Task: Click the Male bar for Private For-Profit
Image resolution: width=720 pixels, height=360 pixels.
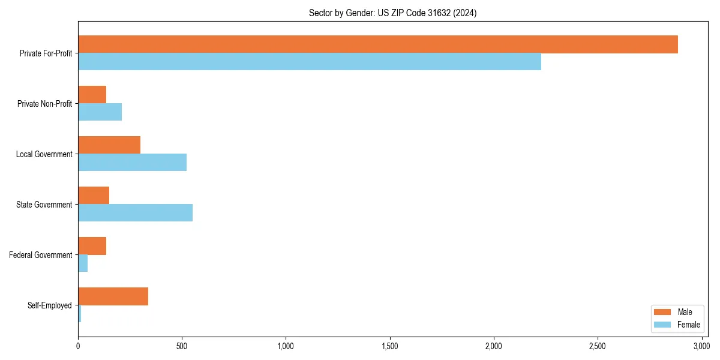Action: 378,44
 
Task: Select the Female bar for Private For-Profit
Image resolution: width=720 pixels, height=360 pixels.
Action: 310,62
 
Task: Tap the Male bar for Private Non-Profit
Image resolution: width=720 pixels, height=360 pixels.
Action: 92,95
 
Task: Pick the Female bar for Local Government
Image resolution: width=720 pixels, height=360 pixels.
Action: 133,163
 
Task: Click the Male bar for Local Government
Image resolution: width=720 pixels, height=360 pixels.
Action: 109,145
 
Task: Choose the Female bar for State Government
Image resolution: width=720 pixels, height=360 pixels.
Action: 136,213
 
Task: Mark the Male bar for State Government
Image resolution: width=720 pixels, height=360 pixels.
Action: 94,196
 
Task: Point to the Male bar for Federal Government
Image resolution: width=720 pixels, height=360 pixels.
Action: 92,246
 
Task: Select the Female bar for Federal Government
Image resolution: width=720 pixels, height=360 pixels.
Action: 83,263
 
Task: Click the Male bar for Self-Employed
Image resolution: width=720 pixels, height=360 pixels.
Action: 113,296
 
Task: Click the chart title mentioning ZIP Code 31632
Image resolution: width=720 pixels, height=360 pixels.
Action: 393,13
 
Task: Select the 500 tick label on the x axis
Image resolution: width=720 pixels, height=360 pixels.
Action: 182,346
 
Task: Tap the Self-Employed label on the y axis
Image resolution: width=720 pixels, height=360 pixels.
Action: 50,305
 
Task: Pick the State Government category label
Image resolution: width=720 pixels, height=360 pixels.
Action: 44,205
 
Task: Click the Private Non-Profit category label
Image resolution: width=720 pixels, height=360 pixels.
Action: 44,104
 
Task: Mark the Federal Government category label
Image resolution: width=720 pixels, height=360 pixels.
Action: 41,255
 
